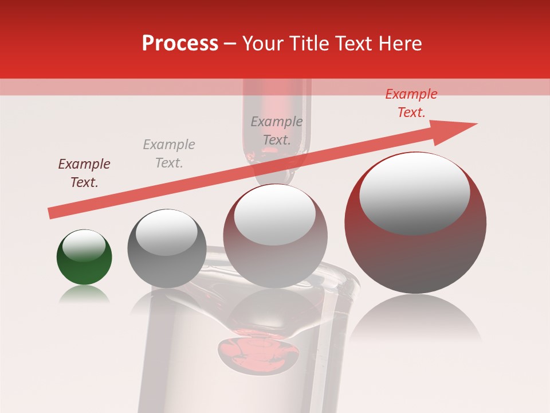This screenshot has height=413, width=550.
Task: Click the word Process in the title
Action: click(180, 44)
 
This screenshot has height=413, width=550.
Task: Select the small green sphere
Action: click(84, 257)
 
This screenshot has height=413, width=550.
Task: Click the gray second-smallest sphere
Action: click(167, 248)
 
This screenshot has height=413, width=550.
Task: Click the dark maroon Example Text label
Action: click(84, 173)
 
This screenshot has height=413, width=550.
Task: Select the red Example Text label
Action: click(411, 103)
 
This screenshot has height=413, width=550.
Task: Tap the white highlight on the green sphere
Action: click(84, 246)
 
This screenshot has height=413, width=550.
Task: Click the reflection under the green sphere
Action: click(84, 295)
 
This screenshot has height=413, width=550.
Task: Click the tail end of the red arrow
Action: click(53, 213)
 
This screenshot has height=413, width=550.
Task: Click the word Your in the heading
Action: click(262, 44)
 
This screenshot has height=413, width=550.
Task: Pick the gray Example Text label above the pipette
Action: click(277, 131)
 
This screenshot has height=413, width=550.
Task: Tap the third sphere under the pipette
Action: click(276, 236)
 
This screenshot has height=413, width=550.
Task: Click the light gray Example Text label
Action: click(169, 154)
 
